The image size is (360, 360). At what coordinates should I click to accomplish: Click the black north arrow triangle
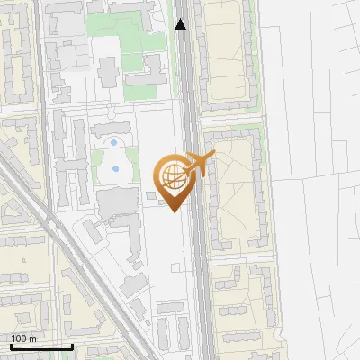(181, 24)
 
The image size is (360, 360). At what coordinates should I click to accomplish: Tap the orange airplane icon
(198, 166)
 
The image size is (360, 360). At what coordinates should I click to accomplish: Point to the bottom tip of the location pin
(172, 211)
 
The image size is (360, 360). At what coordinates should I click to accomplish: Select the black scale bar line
(40, 346)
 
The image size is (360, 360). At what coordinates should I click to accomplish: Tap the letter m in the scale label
(34, 338)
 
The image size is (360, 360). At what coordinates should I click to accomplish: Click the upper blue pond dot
(112, 142)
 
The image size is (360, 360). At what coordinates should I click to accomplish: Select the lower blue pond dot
(115, 167)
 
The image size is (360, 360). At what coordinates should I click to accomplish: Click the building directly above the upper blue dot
(111, 130)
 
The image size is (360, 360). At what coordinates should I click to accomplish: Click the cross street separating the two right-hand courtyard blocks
(231, 119)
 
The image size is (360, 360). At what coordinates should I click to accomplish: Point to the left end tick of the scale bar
(10, 346)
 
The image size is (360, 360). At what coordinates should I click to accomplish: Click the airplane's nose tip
(214, 156)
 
